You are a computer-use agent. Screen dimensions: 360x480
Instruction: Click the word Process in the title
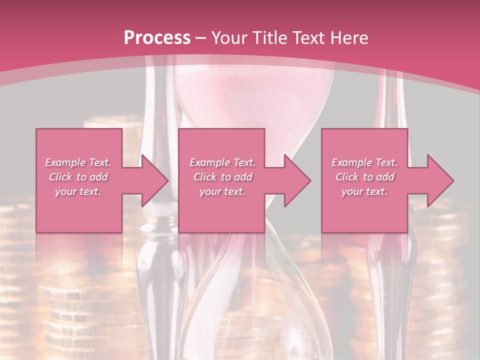click(x=157, y=38)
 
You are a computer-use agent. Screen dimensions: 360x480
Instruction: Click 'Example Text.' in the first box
click(x=78, y=162)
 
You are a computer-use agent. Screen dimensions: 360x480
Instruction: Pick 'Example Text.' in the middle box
click(x=222, y=162)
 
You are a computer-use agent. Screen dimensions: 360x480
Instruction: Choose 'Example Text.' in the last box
click(x=364, y=162)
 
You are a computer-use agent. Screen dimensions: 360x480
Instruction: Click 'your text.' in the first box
click(x=78, y=191)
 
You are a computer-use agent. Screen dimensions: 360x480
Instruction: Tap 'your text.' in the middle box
click(x=222, y=191)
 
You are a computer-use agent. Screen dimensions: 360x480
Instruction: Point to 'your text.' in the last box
click(x=364, y=191)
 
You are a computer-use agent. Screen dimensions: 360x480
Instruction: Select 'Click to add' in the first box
click(x=78, y=177)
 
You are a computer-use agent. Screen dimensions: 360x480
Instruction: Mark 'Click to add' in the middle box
click(x=222, y=177)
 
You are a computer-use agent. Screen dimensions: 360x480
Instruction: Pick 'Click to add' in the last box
click(x=364, y=177)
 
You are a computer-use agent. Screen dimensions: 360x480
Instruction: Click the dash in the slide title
click(x=201, y=38)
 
